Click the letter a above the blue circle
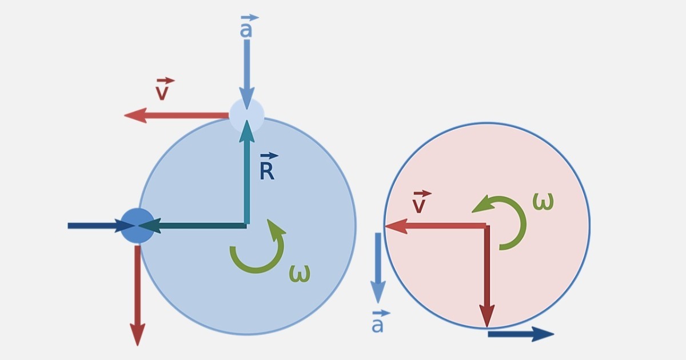246,30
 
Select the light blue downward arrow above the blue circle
247,74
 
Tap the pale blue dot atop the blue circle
247,115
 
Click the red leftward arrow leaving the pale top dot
177,115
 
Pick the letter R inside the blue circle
267,171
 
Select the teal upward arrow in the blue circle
247,173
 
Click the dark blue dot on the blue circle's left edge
138,226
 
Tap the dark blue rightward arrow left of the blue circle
102,226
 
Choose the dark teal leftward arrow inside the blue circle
193,226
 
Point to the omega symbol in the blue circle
300,273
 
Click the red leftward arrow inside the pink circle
436,226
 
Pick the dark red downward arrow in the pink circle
487,277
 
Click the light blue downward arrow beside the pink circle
378,268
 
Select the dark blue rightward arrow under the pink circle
521,334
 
